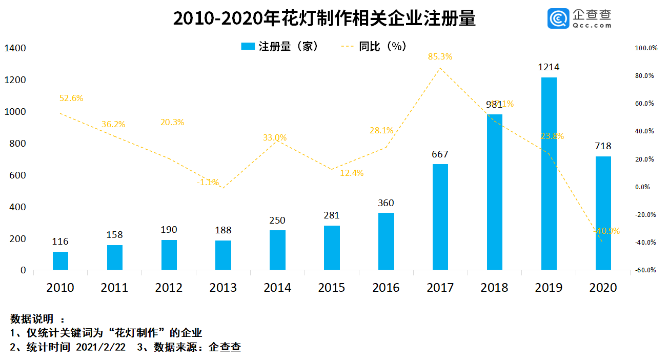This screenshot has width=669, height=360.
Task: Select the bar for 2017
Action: coord(440,217)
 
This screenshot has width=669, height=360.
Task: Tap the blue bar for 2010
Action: coord(60,261)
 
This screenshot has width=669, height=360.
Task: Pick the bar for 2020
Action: coord(603,213)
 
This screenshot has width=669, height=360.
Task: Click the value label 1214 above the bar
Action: coord(549,67)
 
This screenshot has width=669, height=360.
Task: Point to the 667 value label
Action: coord(440,154)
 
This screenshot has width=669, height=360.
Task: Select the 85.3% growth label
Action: coord(440,57)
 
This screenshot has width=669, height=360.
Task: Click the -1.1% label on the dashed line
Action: coord(208,182)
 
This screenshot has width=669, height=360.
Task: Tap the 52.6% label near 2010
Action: coord(71,98)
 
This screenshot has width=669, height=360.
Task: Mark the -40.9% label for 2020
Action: coord(606,231)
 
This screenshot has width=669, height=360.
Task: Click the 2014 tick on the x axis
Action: coord(277,288)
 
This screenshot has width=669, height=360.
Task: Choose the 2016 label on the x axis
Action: coord(386,288)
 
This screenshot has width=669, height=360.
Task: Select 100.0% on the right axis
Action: coord(646,48)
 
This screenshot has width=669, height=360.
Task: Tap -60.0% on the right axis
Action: coord(646,270)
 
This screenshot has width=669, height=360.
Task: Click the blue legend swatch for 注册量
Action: coord(248,47)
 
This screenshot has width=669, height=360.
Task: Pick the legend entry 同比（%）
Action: coord(382,47)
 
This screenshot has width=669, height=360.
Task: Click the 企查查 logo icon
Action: coord(559,18)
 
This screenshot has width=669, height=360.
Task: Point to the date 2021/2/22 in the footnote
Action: coord(100,347)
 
